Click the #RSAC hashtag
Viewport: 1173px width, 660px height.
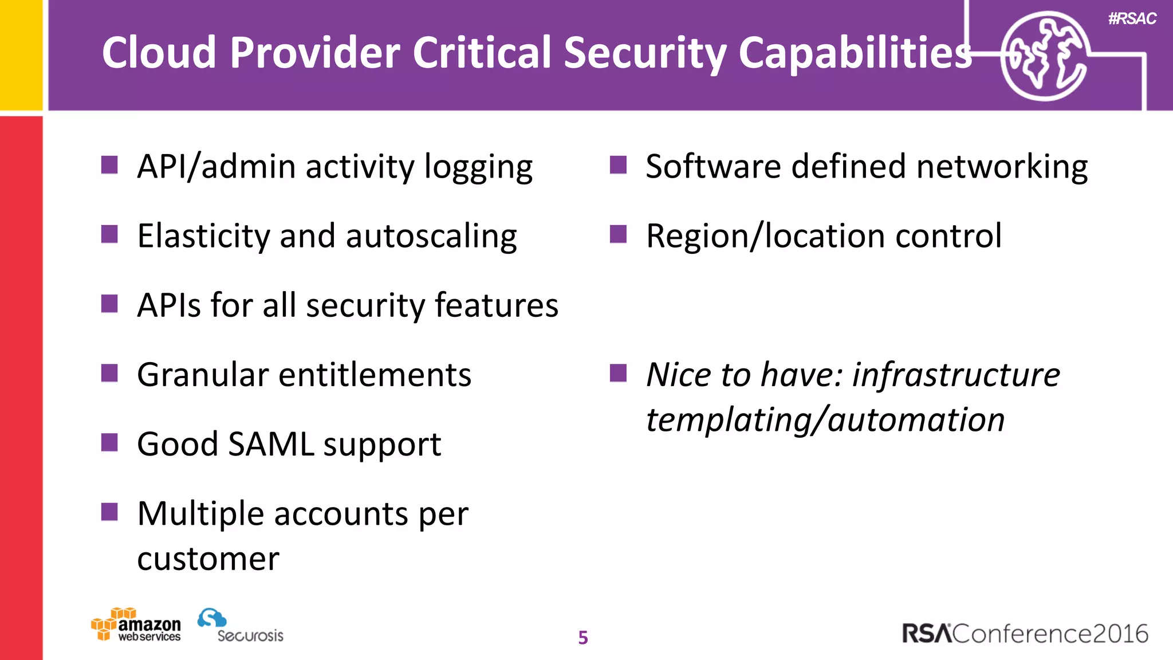pyautogui.click(x=1132, y=19)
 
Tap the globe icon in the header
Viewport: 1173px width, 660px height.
pyautogui.click(x=1045, y=56)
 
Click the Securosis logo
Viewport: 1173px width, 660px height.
pyautogui.click(x=241, y=626)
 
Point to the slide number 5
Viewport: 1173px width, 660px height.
pyautogui.click(x=583, y=638)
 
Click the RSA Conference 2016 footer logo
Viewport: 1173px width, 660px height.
pyautogui.click(x=1025, y=634)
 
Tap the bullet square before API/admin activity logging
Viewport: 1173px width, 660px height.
pyautogui.click(x=109, y=165)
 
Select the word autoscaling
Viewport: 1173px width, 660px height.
pyautogui.click(x=431, y=236)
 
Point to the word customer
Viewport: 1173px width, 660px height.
pyautogui.click(x=208, y=559)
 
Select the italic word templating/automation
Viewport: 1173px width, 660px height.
pyautogui.click(x=825, y=420)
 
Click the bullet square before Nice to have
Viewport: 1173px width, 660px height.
pyautogui.click(x=618, y=373)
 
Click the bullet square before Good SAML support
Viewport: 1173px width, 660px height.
pyautogui.click(x=109, y=442)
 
